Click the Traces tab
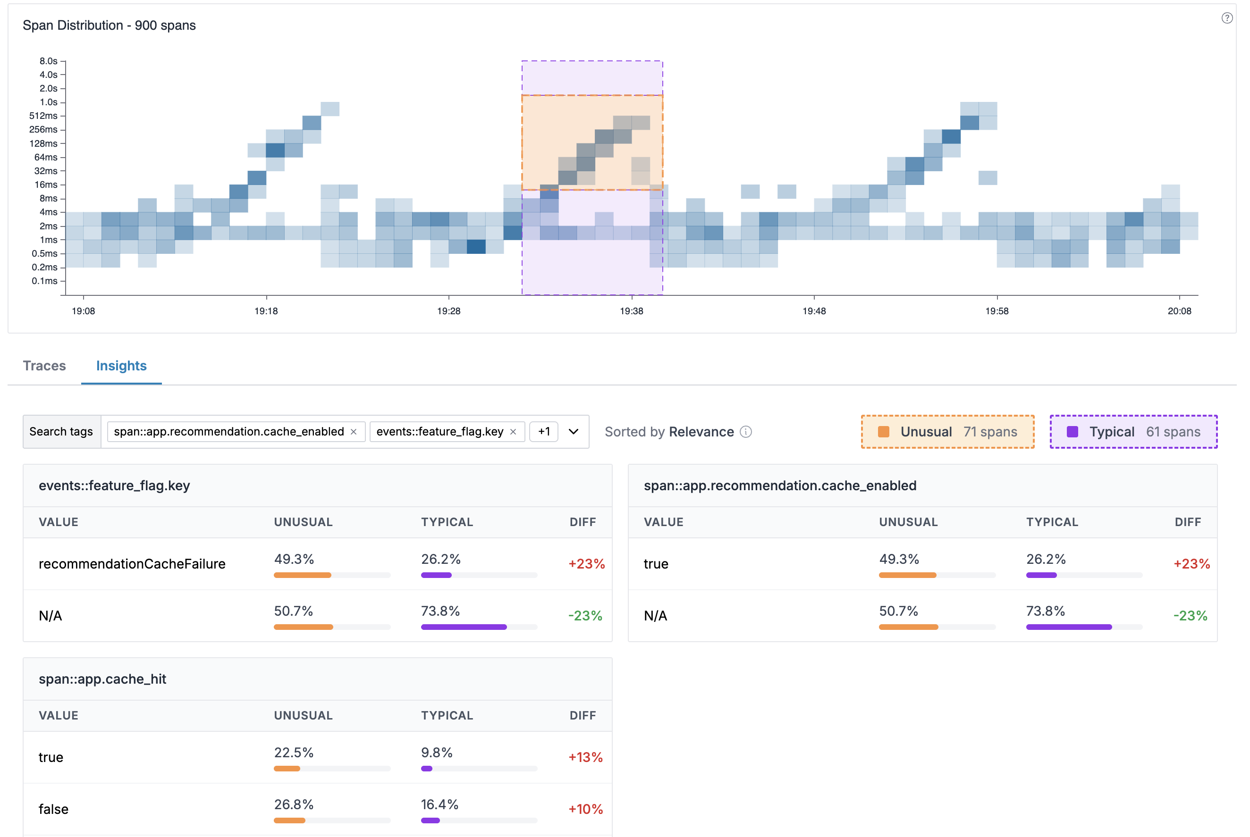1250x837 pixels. [x=44, y=366]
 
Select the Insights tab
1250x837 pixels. [x=121, y=366]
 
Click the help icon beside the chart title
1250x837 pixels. [x=1227, y=18]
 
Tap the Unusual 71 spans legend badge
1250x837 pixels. [x=947, y=432]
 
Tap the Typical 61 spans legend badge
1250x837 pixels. [x=1133, y=432]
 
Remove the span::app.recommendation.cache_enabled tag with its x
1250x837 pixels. [x=354, y=432]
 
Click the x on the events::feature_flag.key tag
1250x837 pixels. [x=513, y=432]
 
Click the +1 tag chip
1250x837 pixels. [x=544, y=432]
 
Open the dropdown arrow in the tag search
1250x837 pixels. [x=574, y=432]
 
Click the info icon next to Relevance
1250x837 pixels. [x=746, y=432]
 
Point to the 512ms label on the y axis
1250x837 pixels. [x=43, y=116]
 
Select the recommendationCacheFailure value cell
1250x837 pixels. [x=132, y=564]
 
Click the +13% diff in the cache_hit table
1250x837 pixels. [x=585, y=757]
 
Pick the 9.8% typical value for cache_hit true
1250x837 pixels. [x=436, y=753]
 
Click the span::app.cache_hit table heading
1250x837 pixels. [x=102, y=679]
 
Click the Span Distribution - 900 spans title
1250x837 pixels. [x=109, y=25]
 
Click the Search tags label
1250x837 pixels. [x=61, y=432]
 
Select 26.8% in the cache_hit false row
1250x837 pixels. [x=293, y=804]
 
